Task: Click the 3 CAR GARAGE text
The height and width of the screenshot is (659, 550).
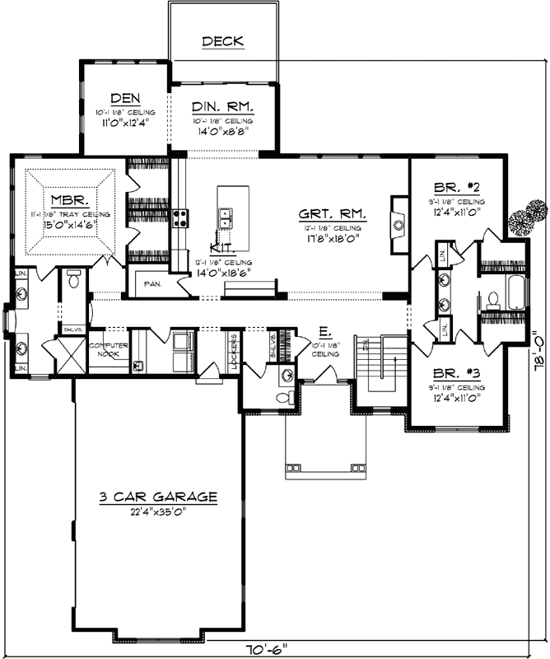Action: tap(157, 497)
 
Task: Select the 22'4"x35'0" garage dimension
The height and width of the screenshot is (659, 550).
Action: tap(157, 512)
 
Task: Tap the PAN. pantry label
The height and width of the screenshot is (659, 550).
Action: tap(153, 283)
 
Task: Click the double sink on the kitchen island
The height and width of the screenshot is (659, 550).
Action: tap(225, 217)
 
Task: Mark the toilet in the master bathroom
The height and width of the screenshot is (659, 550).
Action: tap(74, 280)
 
